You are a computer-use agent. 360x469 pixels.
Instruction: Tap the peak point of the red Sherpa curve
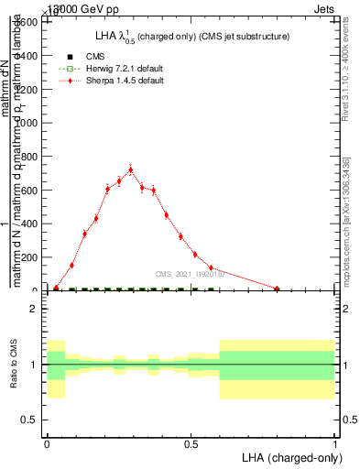click(x=131, y=169)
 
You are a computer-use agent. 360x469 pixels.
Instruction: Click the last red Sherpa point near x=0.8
click(x=277, y=289)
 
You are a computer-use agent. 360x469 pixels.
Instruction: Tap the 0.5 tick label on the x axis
click(x=191, y=443)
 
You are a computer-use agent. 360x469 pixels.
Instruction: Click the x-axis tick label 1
click(x=334, y=443)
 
